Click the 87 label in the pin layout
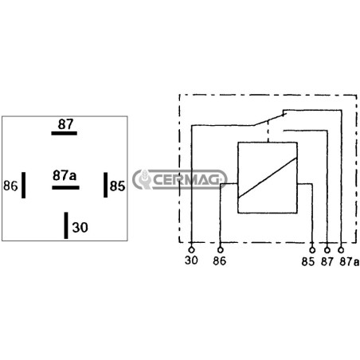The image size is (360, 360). [x=65, y=124]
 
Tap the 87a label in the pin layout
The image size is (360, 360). [x=65, y=175]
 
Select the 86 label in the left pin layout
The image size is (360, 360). [x=10, y=186]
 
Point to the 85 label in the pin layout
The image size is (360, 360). [x=117, y=186]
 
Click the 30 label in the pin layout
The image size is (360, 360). [x=80, y=228]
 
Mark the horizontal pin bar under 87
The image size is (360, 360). [x=65, y=133]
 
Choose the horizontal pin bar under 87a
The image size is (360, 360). [x=65, y=188]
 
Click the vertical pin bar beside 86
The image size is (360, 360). [x=24, y=185]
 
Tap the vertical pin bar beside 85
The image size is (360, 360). [x=106, y=185]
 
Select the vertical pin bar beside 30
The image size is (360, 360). [x=66, y=225]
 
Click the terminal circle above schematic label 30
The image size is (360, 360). [x=191, y=250]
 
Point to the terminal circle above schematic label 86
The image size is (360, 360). [x=220, y=250]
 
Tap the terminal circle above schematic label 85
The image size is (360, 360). [x=312, y=250]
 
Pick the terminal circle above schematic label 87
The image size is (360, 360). [x=327, y=250]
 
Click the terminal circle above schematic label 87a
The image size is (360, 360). [x=341, y=250]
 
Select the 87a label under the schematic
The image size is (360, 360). [x=350, y=262]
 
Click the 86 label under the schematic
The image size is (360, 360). [x=219, y=260]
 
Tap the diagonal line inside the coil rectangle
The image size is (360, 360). [x=268, y=178]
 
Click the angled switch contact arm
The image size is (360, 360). [x=270, y=119]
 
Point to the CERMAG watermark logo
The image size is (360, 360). [x=180, y=180]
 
